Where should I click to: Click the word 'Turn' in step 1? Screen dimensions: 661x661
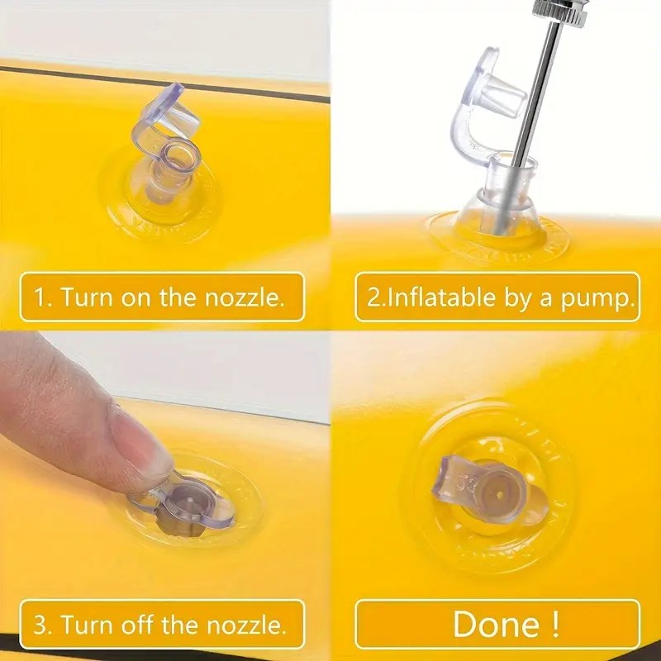[x=87, y=297]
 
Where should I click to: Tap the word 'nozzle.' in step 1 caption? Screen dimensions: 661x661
[x=244, y=297]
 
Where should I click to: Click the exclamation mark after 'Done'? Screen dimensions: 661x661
[x=555, y=625]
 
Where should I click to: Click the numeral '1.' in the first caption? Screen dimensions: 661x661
[x=43, y=297]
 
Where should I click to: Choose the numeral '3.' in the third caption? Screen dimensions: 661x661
[x=43, y=625]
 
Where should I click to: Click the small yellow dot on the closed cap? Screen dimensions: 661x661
[x=499, y=493]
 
